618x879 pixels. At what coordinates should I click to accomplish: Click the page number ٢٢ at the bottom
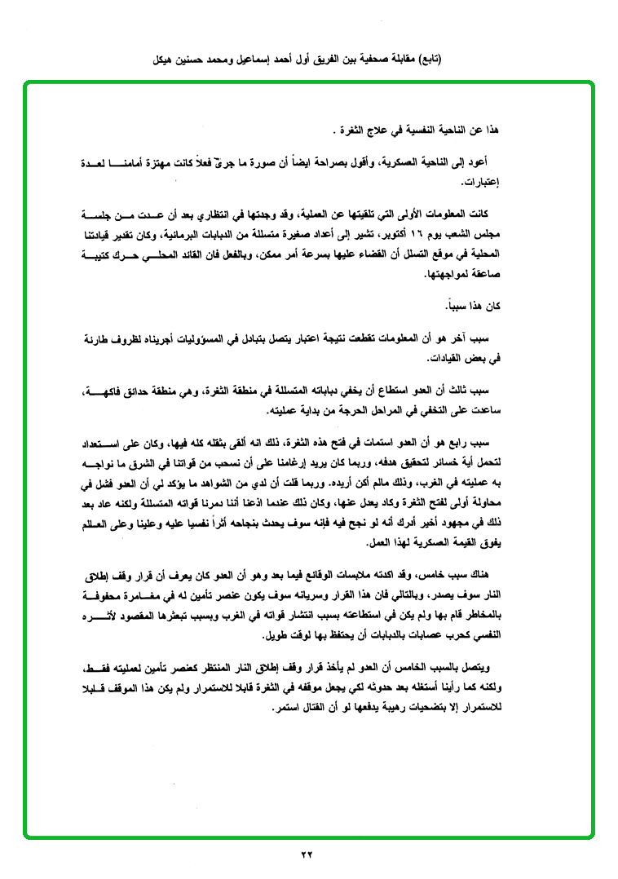pyautogui.click(x=307, y=855)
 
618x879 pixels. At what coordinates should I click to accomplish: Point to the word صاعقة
pyautogui.click(x=481, y=276)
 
